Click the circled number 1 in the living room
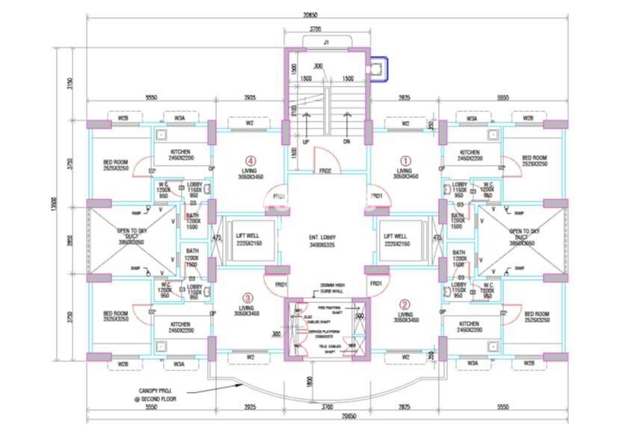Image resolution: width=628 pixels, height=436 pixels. coord(406,159)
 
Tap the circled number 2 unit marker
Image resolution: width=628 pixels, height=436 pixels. coord(404,304)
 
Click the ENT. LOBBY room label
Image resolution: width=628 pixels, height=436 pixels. coord(324,239)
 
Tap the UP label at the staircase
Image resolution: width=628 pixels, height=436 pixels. coord(306,141)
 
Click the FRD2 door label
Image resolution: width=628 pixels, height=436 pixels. coord(324,171)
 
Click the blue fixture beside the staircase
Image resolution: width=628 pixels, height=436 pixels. coord(380,69)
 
